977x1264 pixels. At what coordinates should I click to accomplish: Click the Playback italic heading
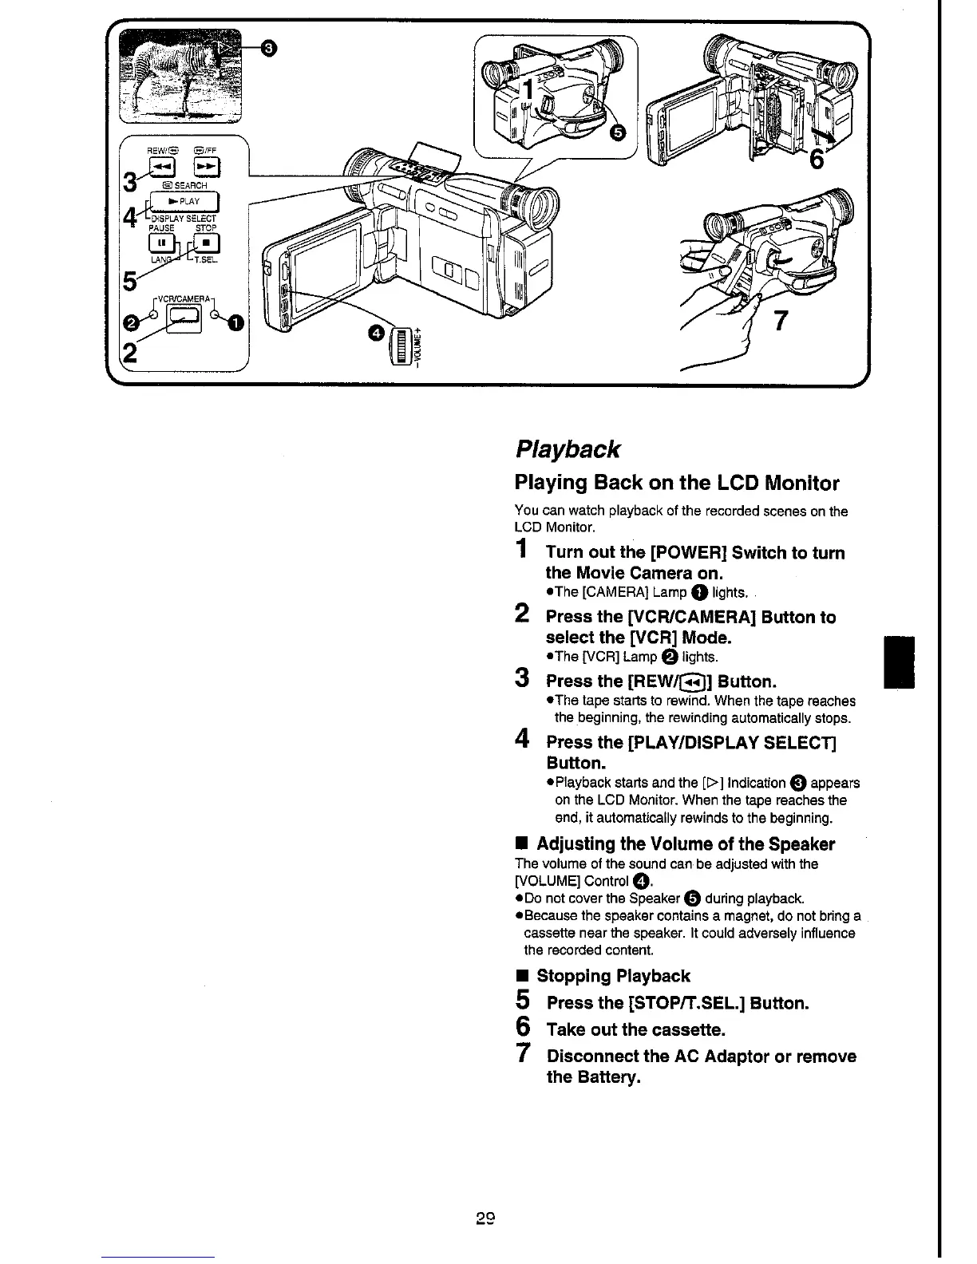pyautogui.click(x=567, y=449)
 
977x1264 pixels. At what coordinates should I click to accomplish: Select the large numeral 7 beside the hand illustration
pyautogui.click(x=781, y=321)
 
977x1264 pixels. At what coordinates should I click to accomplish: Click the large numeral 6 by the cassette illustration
pyautogui.click(x=817, y=160)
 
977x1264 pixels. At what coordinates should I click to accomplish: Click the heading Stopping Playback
pyautogui.click(x=613, y=976)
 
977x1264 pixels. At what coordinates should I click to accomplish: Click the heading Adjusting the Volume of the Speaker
pyautogui.click(x=685, y=844)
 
